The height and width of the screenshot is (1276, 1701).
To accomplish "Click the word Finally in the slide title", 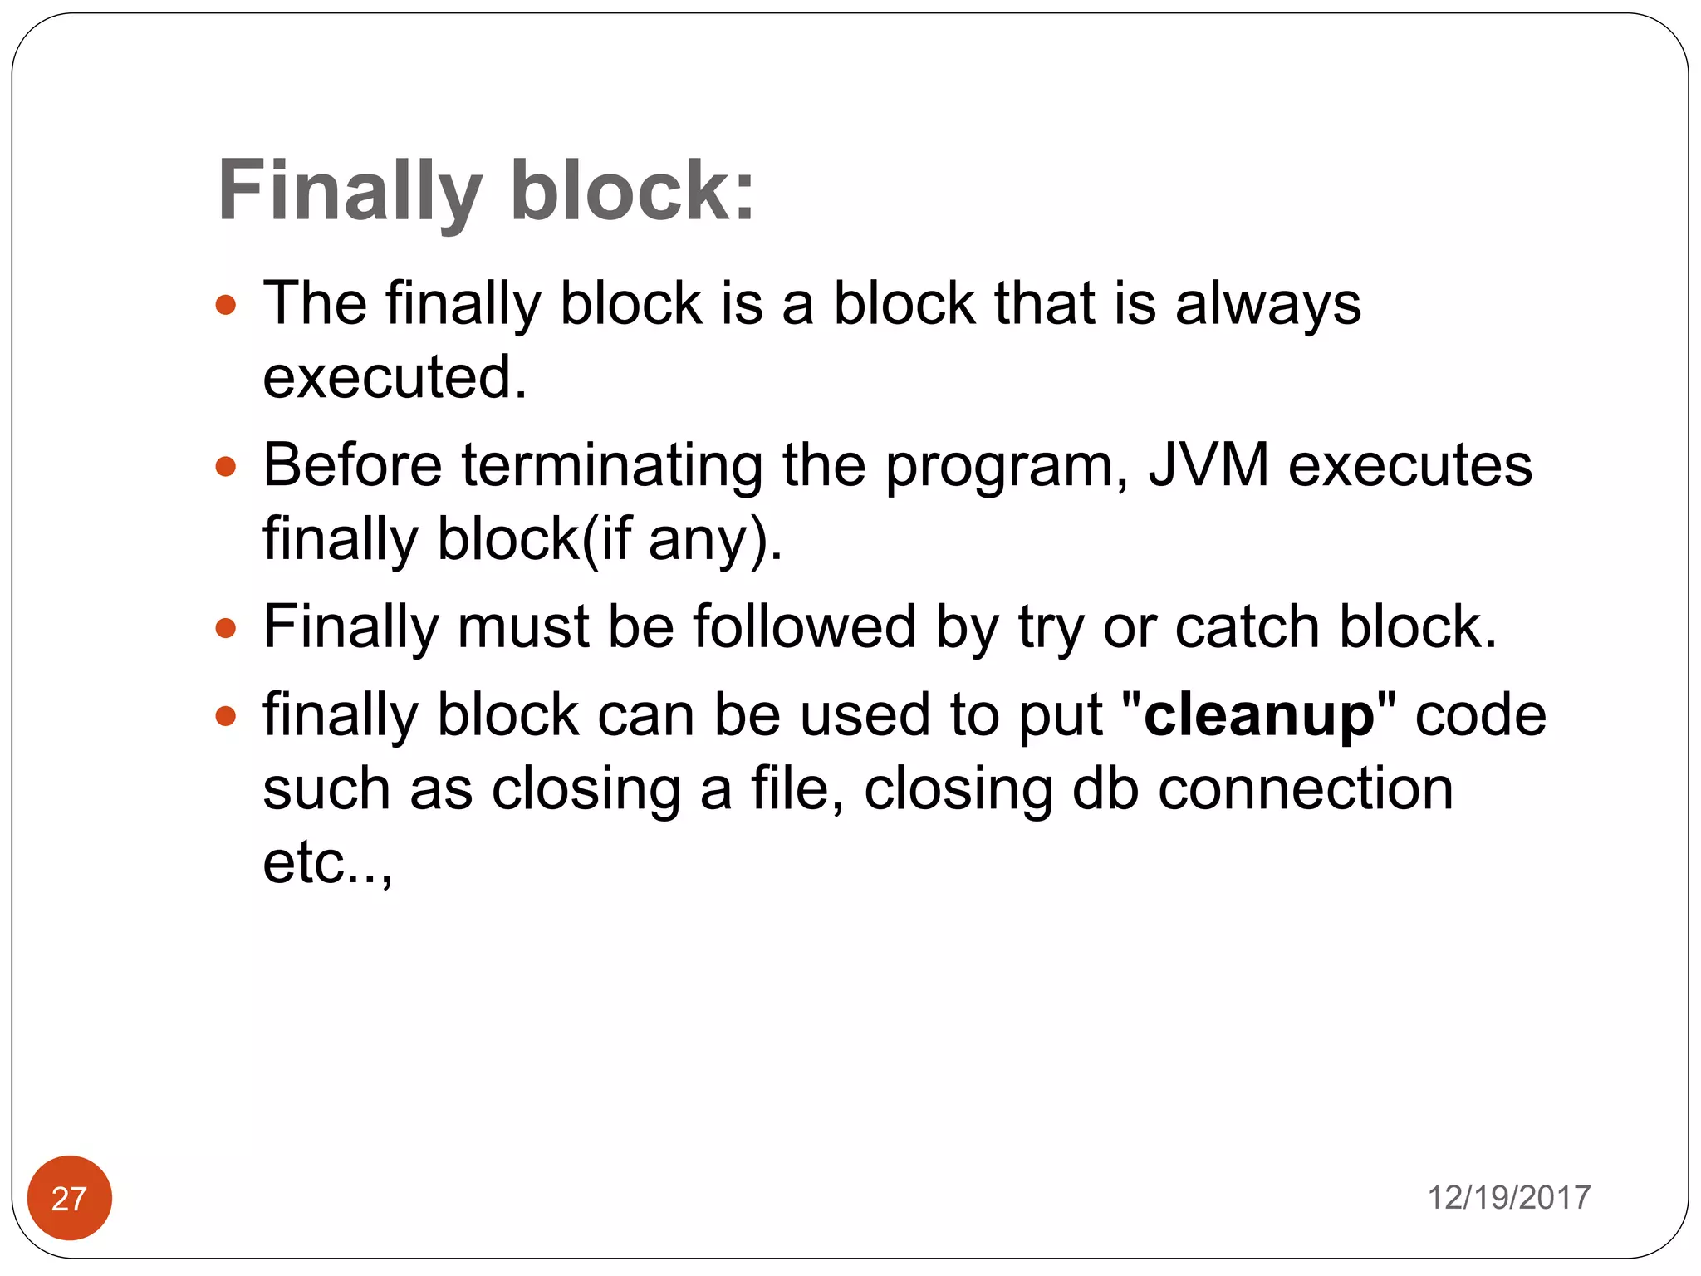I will pyautogui.click(x=349, y=191).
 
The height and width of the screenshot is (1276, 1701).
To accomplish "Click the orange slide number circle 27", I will pyautogui.click(x=70, y=1198).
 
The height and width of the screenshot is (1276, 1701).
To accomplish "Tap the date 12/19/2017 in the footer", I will pyautogui.click(x=1508, y=1198).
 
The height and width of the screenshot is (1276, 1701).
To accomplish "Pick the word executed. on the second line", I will pyautogui.click(x=395, y=377).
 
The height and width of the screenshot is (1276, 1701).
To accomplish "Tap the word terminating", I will pyautogui.click(x=612, y=465).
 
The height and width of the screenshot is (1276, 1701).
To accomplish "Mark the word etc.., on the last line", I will pyautogui.click(x=327, y=862).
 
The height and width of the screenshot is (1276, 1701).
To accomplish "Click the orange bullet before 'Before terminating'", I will pyautogui.click(x=226, y=466).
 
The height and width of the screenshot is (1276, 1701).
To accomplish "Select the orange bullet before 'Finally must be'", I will pyautogui.click(x=226, y=628).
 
